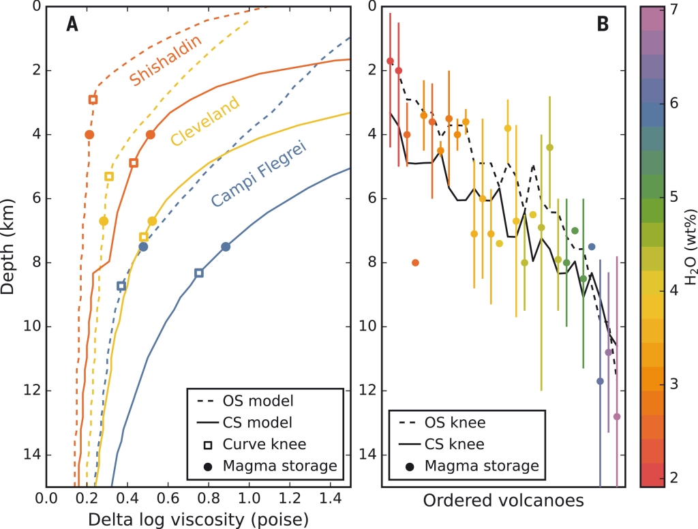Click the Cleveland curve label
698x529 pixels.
205,121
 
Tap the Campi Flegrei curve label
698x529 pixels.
258,173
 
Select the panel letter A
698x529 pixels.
72,25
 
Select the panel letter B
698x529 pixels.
602,25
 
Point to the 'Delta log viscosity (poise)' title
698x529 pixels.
198,519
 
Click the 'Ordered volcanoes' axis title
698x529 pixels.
503,501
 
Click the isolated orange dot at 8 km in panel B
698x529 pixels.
415,262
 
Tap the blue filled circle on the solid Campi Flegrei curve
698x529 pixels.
226,247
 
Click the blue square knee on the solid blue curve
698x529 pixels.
199,273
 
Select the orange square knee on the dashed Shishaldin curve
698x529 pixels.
93,100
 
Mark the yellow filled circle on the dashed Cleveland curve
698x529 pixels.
104,221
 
